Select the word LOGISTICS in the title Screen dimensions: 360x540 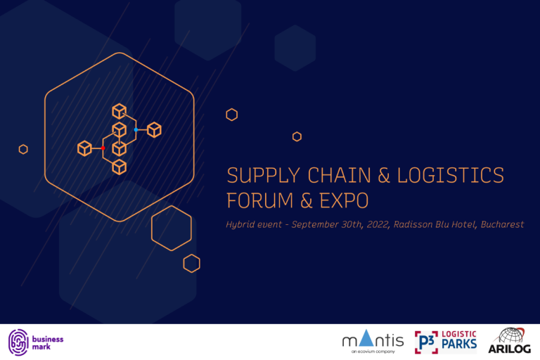(451, 176)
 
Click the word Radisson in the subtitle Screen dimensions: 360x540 (417, 225)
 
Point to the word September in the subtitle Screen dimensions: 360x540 (318, 225)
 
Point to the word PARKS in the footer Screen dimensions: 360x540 (459, 346)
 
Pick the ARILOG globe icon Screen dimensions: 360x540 (510, 335)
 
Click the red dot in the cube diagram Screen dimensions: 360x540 (103, 148)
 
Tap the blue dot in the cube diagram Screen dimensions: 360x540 (136, 130)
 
